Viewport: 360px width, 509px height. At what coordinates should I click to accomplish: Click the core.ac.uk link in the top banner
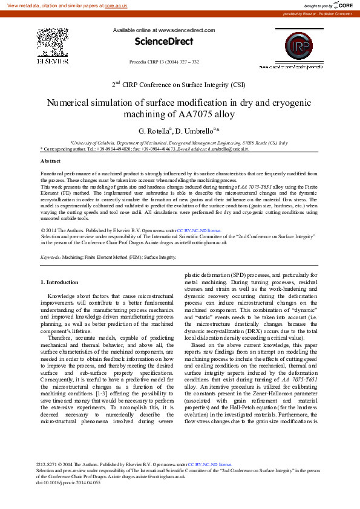116,5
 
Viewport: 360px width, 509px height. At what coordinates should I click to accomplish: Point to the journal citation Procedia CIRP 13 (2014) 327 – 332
165,62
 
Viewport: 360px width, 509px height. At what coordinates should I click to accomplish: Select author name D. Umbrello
197,131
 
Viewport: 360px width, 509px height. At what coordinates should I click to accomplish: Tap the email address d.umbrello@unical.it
228,148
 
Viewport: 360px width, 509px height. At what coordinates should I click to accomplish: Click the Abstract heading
50,161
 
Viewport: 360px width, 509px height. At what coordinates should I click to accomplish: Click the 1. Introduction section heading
59,282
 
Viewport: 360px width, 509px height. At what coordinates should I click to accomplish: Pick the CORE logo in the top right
342,5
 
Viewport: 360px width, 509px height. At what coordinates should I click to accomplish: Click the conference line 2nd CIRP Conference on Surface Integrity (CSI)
178,85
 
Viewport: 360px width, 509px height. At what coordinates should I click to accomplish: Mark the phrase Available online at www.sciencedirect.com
159,30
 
